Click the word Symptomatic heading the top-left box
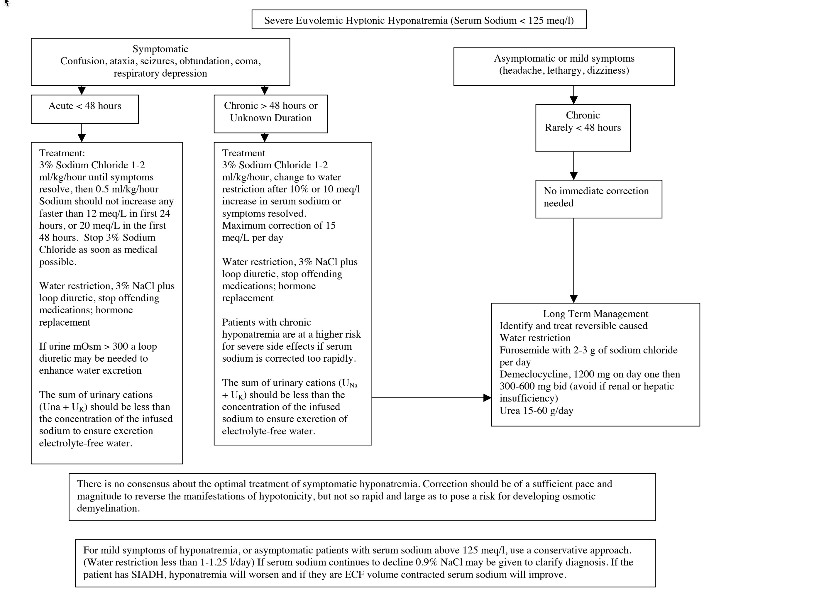pos(160,49)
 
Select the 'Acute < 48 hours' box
pos(84,109)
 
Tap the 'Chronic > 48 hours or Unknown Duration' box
pos(271,114)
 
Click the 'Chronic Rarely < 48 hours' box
pos(583,128)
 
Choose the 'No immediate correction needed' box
pos(598,199)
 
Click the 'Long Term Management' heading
pos(595,314)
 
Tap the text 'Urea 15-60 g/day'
pos(536,411)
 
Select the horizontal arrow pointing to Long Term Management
pos(432,398)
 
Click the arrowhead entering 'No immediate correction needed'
pos(574,176)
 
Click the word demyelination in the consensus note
pos(108,508)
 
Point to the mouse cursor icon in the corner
pos(7,3)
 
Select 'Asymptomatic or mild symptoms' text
pos(564,59)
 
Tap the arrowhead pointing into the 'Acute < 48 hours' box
pos(82,91)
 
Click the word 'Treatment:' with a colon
pos(62,153)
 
